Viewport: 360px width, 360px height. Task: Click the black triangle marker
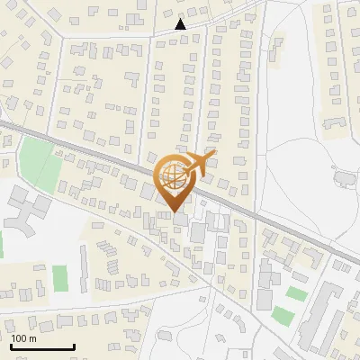click(181, 24)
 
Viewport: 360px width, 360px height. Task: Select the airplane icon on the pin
click(196, 165)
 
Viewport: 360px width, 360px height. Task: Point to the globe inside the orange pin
click(171, 175)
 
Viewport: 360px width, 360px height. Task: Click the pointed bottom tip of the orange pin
click(173, 211)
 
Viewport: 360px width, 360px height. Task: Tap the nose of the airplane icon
click(213, 155)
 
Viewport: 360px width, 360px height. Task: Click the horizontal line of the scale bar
click(41, 346)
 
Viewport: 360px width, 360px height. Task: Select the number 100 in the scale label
click(20, 338)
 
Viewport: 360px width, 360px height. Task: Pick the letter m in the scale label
click(32, 338)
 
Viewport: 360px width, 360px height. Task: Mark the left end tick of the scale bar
click(10, 345)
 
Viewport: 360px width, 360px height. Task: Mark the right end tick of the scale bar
click(74, 345)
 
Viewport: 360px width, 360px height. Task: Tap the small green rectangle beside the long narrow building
click(60, 278)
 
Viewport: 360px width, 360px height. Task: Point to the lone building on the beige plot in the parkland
click(344, 178)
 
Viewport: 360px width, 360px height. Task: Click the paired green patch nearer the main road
click(296, 292)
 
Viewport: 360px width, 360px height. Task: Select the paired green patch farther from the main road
click(283, 316)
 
